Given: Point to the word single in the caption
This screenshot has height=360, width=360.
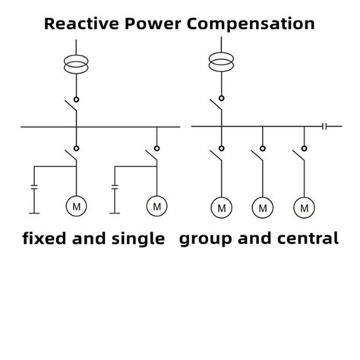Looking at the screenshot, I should (139, 239).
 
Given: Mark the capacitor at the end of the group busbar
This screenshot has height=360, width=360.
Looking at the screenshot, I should (325, 125).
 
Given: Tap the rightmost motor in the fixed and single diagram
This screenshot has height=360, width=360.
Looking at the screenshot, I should (157, 204).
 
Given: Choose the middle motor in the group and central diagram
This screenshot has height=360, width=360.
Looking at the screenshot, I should (263, 206).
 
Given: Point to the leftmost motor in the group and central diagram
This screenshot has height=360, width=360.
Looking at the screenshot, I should (221, 206).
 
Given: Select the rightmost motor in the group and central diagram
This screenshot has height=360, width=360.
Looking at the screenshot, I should (305, 206).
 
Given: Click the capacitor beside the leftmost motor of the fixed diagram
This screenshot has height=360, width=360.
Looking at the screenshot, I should (33, 186).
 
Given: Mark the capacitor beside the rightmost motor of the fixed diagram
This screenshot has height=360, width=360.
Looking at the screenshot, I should (115, 186).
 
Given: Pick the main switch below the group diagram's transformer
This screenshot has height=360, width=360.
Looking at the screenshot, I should (219, 109).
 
